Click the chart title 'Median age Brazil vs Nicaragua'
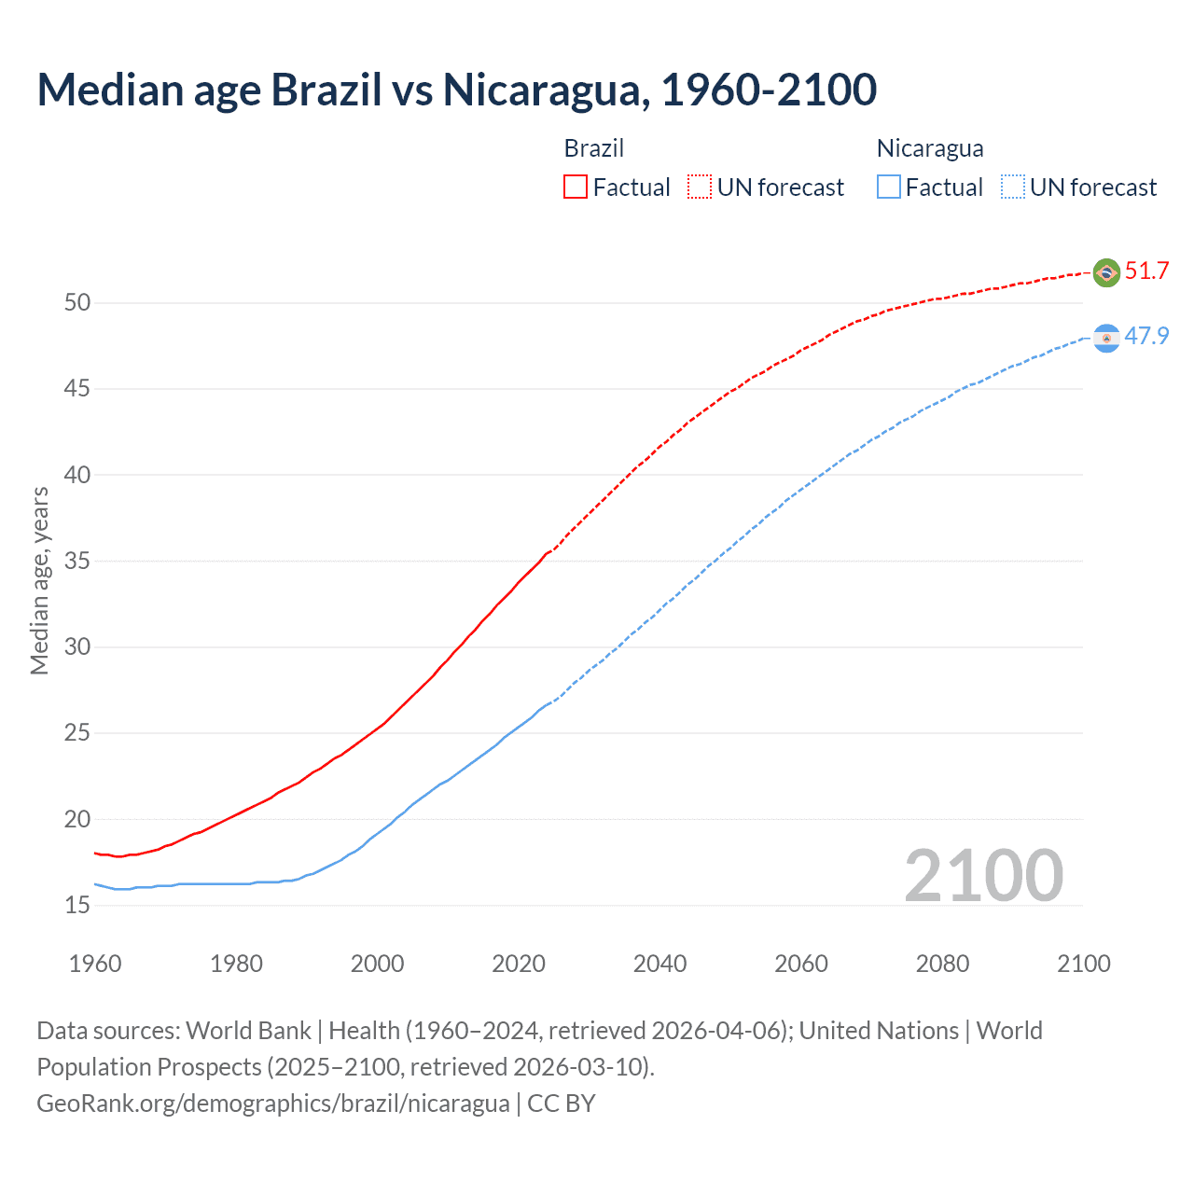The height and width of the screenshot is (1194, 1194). pos(456,90)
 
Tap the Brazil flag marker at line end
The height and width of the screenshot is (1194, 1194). pos(1106,272)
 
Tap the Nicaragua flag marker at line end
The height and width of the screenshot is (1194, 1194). pos(1106,339)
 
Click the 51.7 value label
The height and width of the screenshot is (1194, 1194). pos(1146,271)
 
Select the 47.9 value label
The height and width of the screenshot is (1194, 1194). pos(1146,336)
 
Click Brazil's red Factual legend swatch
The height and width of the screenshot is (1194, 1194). pos(576,187)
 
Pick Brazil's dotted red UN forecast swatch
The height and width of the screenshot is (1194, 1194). pos(700,187)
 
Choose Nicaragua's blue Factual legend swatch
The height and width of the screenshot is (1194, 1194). pos(889,187)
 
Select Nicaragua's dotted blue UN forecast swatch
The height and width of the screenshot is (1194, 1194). pos(1013,187)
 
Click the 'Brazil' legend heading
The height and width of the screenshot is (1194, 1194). pos(594,148)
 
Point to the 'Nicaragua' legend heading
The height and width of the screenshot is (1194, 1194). pos(930,148)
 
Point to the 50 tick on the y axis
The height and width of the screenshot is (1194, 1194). pos(77,302)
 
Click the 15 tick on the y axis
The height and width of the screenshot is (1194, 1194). pos(77,905)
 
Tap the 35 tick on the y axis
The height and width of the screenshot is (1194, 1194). pos(77,561)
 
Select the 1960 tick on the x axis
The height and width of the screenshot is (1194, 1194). pos(95,964)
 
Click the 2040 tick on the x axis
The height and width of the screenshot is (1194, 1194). pos(659,964)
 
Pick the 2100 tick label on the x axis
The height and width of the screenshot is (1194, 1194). pos(1083,964)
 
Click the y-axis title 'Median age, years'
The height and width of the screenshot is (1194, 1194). pos(39,580)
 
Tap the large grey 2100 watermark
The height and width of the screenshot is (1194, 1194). pos(983,875)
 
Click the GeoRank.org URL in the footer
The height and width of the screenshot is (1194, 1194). pos(272,1104)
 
